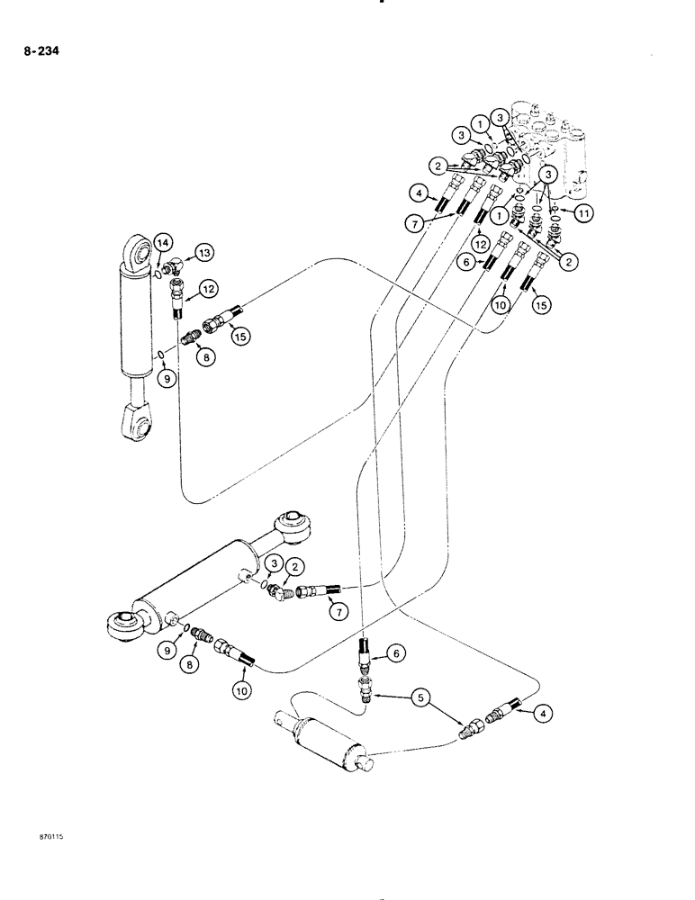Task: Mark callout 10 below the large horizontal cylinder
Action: [x=243, y=691]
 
